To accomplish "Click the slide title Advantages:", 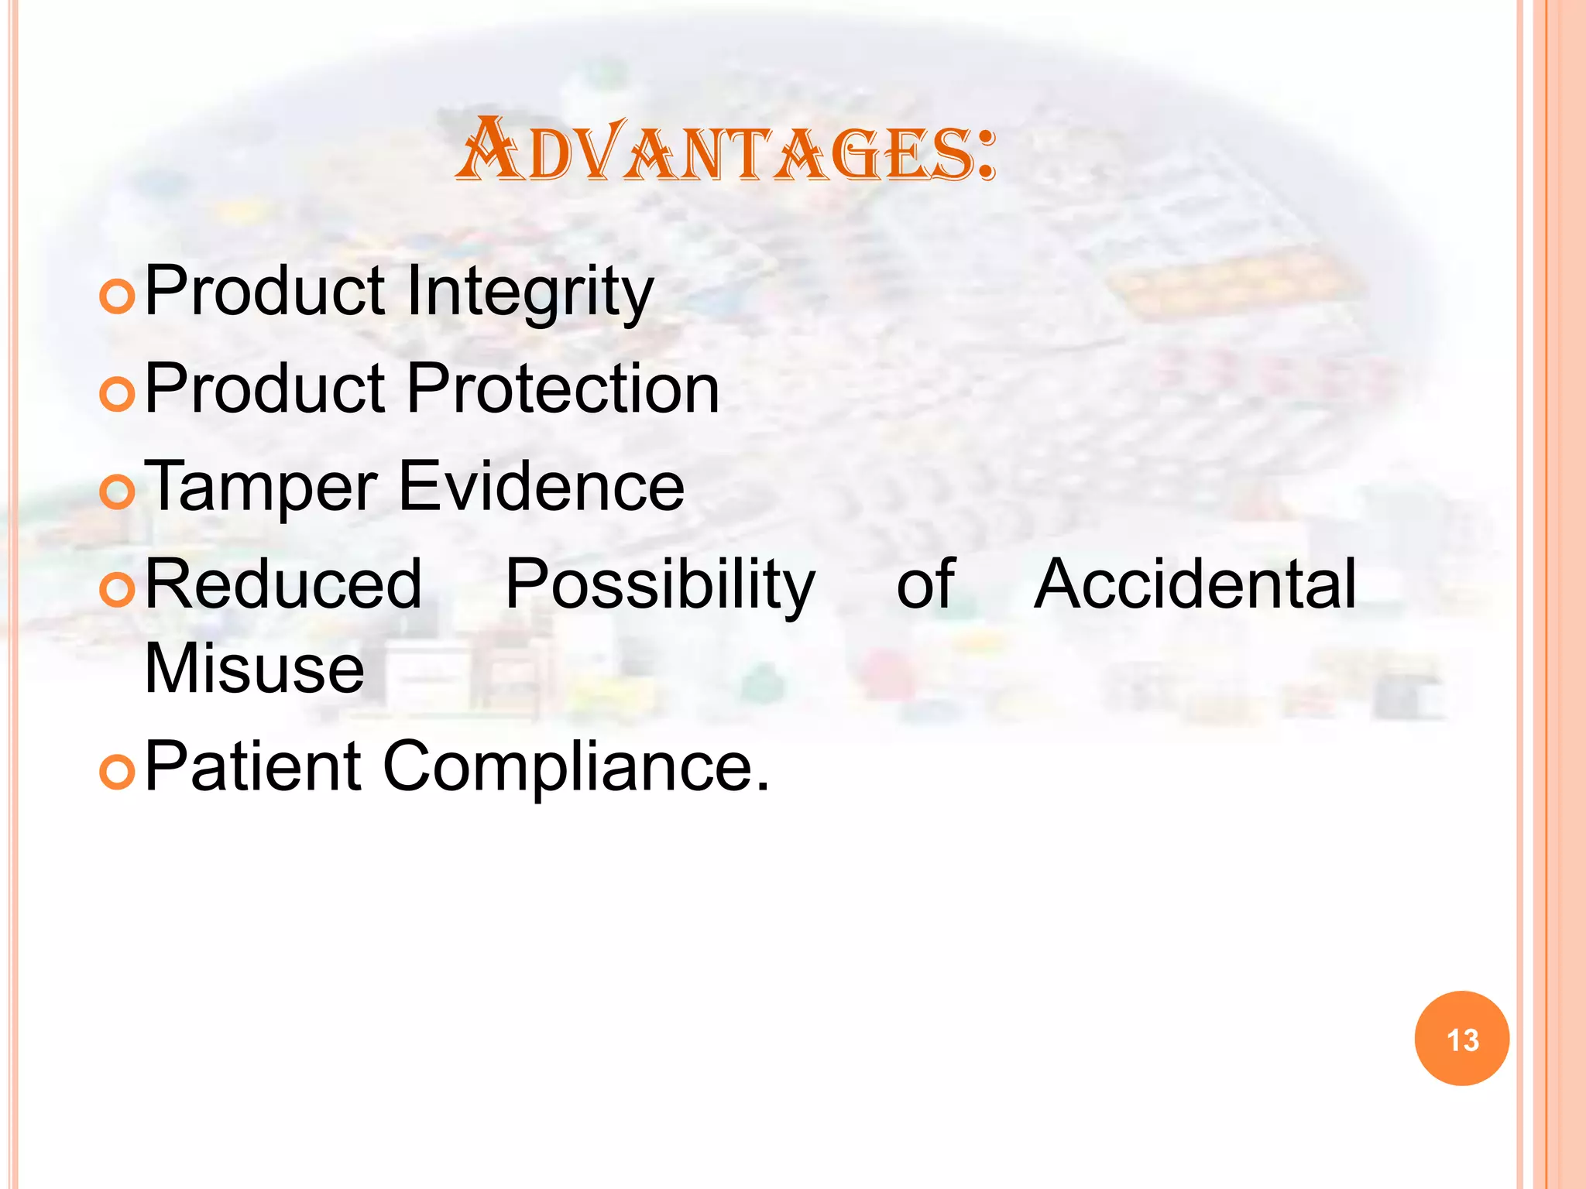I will point(726,152).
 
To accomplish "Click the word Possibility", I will point(660,585).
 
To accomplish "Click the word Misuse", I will point(254,669).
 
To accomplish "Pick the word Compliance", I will point(576,768).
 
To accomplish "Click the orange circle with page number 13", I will point(1461,1039).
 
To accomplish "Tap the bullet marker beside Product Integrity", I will point(118,296).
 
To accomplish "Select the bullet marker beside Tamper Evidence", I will point(118,492).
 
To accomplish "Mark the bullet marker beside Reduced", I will point(118,589).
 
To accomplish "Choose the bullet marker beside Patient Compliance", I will point(118,772).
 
